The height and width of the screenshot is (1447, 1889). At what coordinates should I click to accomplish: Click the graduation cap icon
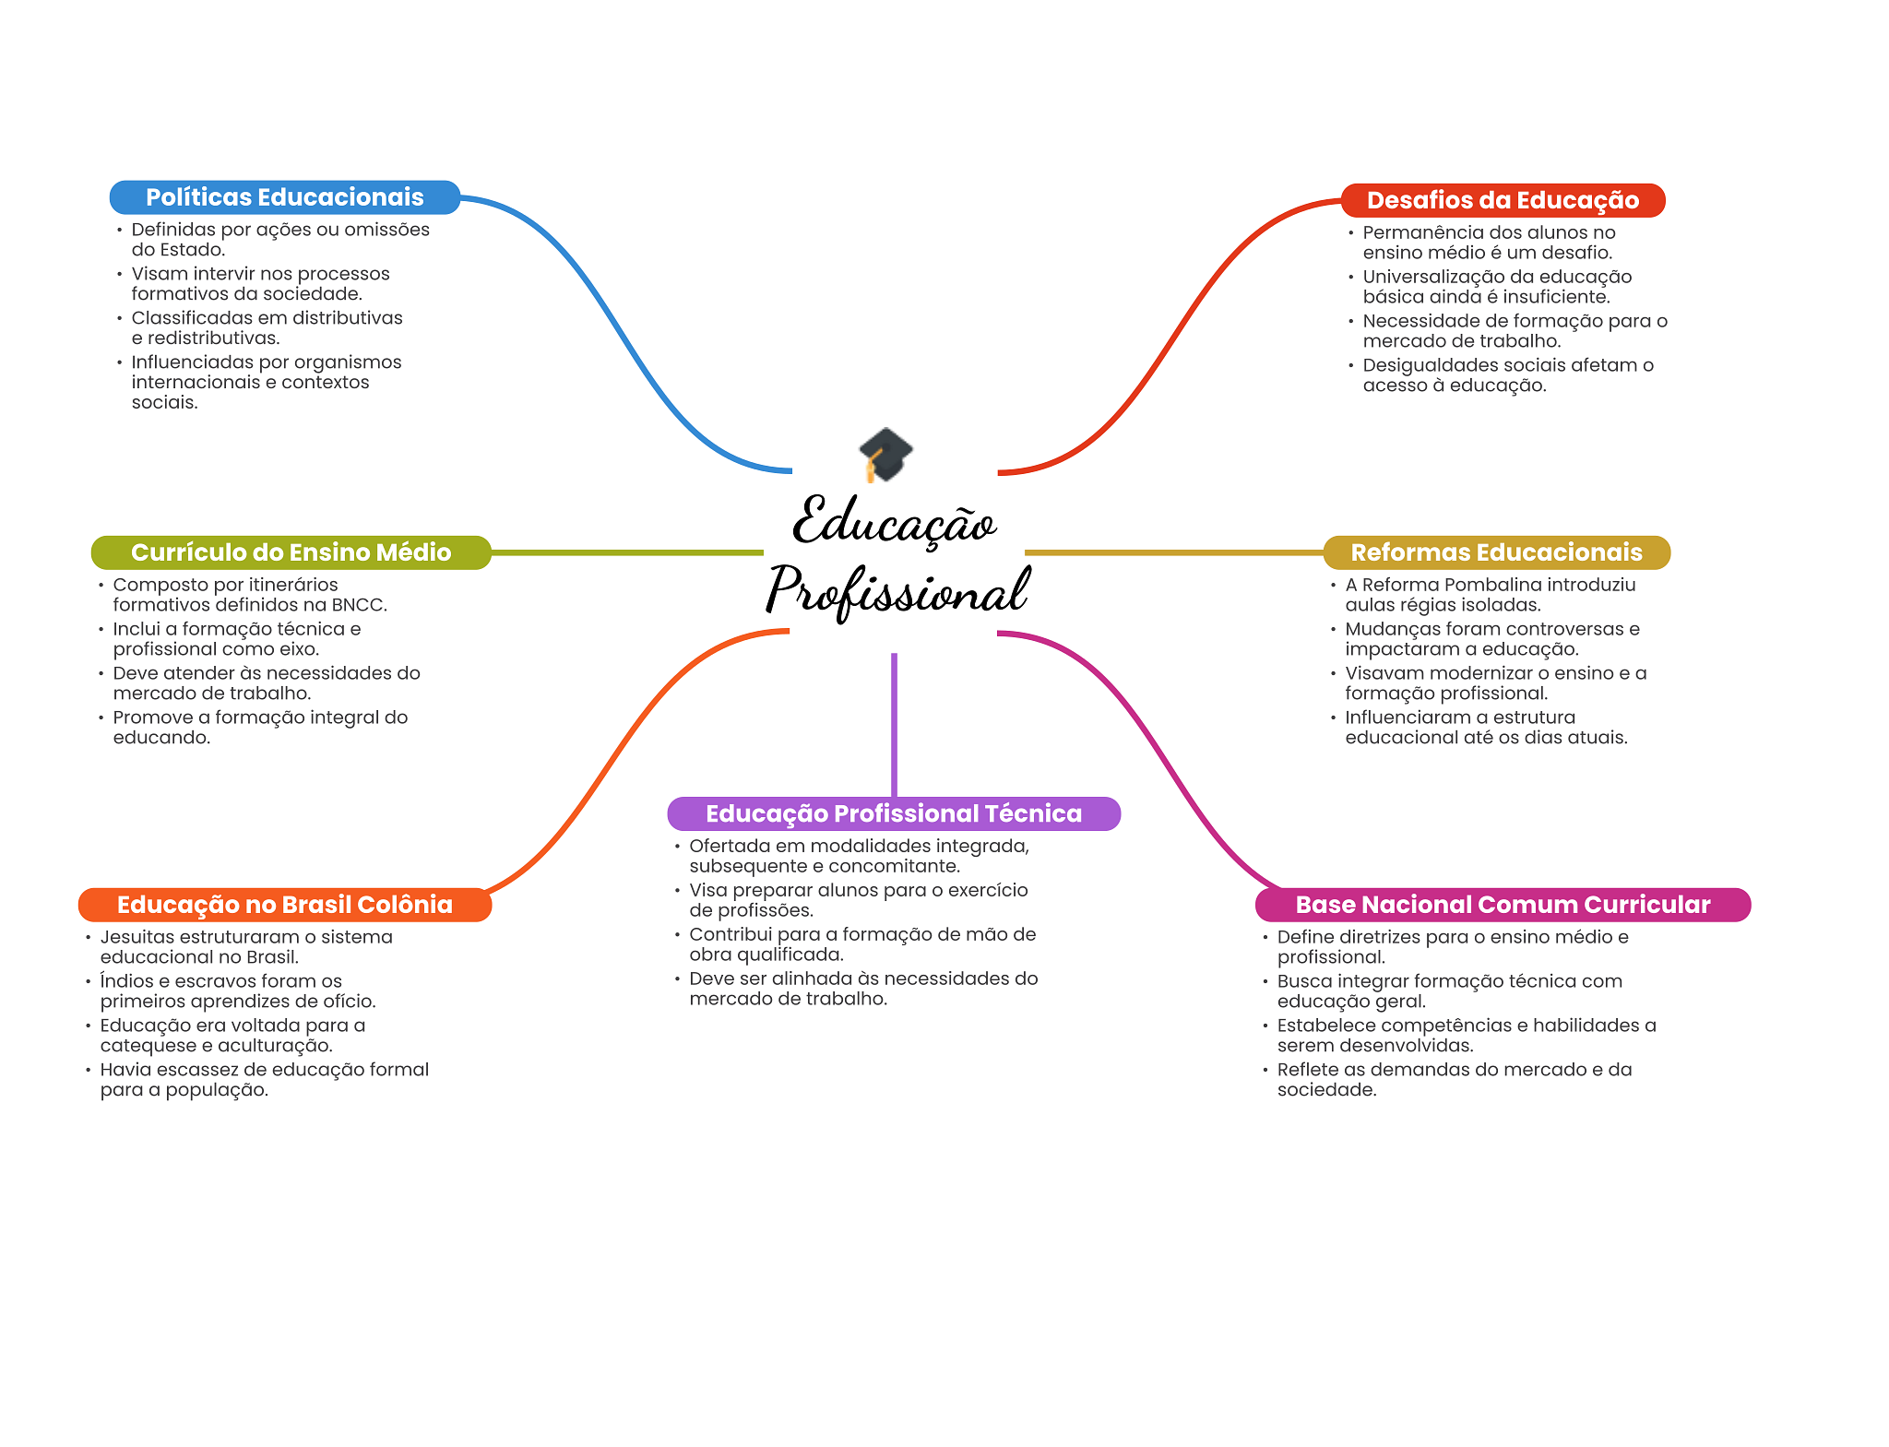[x=885, y=454]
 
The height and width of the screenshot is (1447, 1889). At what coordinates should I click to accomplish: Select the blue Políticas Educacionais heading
[x=284, y=197]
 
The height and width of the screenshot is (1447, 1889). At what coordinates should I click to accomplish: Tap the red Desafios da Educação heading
[x=1503, y=200]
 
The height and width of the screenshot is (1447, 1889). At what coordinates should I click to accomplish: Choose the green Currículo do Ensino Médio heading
[x=291, y=552]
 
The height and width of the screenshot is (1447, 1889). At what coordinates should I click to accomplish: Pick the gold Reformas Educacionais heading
[x=1496, y=552]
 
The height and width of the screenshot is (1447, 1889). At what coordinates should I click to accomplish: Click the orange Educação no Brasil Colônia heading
[x=284, y=905]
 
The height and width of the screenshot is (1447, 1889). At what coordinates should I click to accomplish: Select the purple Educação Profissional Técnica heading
[x=893, y=813]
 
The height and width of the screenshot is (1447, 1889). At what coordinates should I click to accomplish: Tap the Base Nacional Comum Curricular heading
[x=1503, y=905]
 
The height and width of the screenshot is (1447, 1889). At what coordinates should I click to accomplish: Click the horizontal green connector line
[x=627, y=552]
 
